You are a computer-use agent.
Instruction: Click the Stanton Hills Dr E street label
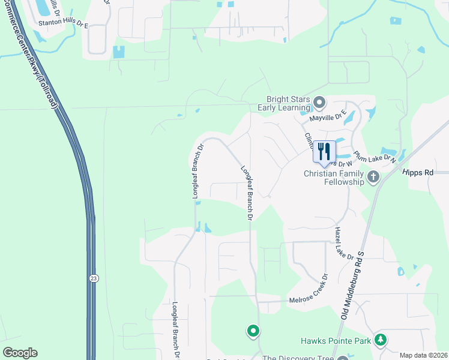63,25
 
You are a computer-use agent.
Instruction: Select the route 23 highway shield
94,278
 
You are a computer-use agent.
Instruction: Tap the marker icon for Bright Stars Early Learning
319,103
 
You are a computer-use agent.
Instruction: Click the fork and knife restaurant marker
324,152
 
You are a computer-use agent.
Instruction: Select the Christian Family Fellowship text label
334,178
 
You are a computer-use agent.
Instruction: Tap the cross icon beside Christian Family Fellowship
373,176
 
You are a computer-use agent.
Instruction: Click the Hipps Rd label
420,173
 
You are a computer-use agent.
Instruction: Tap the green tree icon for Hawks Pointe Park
379,340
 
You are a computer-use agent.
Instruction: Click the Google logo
20,353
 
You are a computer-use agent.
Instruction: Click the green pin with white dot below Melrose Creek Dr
253,330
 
